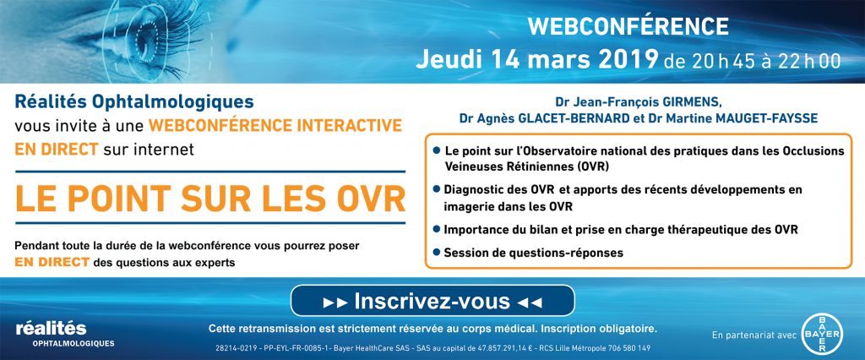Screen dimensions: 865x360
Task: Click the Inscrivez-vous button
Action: point(432,301)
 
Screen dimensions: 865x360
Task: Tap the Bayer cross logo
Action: point(822,335)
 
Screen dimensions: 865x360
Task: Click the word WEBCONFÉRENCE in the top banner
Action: point(628,26)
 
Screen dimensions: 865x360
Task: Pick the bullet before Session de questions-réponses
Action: point(437,253)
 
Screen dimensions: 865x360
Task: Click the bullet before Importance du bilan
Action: point(437,228)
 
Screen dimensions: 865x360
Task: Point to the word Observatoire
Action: point(530,150)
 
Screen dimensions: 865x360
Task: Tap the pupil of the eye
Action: point(145,40)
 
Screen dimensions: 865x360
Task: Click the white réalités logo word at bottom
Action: point(52,329)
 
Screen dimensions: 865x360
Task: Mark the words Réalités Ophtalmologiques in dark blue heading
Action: point(134,101)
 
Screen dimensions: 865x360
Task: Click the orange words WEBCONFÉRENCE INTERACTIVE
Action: point(275,125)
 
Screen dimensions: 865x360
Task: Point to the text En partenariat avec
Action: point(753,335)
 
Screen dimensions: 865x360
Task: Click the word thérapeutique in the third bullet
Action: point(717,230)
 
